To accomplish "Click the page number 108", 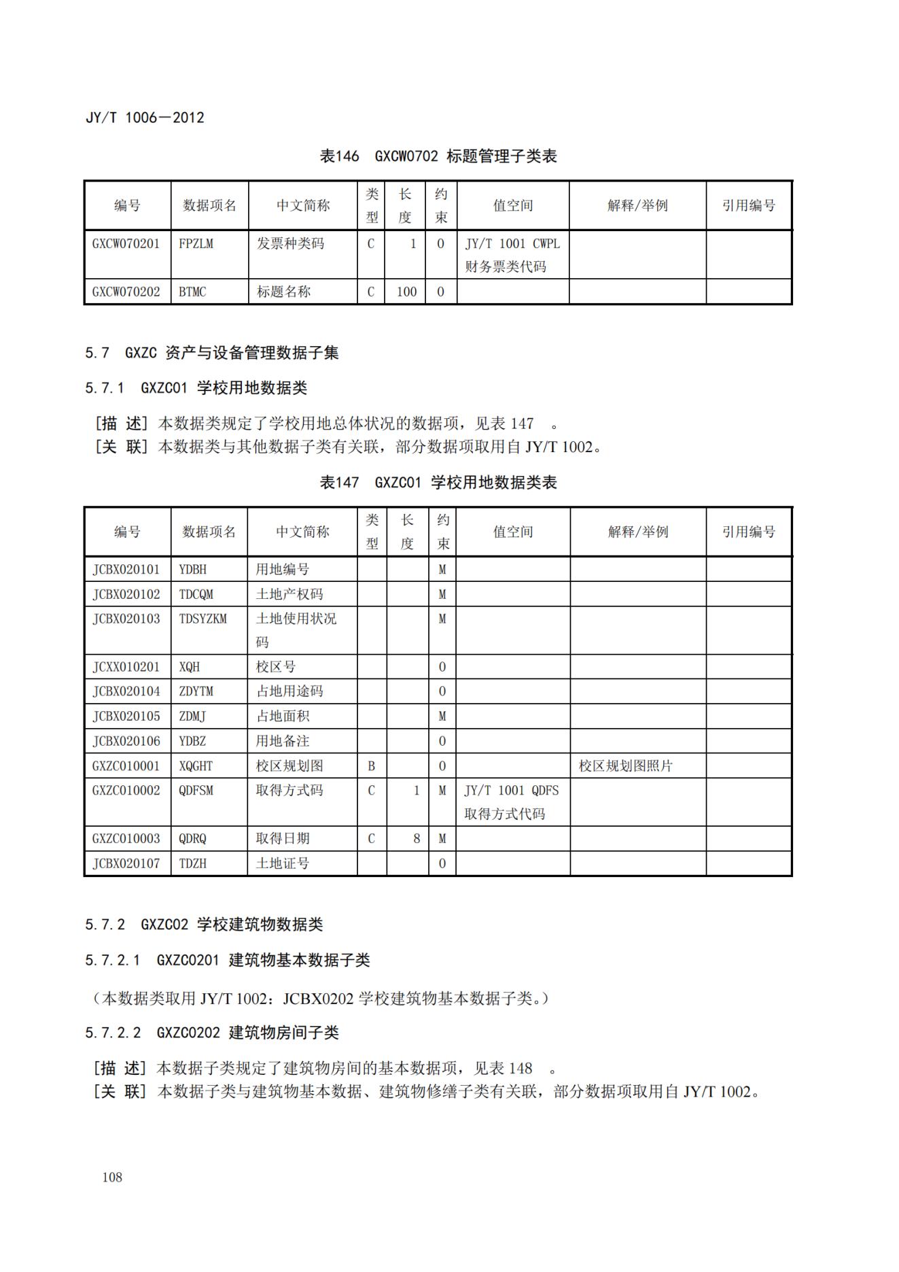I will (x=112, y=1177).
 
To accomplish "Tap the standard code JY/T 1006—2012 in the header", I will (x=145, y=118).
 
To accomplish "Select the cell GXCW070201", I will (x=126, y=243).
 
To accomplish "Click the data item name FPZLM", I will (x=196, y=243).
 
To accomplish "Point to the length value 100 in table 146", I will (x=406, y=292).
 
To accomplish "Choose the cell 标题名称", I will (x=283, y=292).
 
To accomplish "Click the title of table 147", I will (x=438, y=483).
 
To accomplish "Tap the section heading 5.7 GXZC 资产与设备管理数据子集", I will (x=211, y=352).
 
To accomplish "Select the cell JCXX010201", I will (x=126, y=667).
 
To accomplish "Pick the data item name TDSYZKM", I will (x=202, y=619).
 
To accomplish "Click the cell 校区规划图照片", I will (x=625, y=766).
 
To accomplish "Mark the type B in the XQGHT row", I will (x=371, y=766).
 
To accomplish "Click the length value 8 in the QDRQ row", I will (x=417, y=839).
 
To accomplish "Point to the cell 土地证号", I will (x=282, y=863).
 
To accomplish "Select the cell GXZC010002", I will (x=126, y=791).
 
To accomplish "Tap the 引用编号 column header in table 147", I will (x=748, y=532).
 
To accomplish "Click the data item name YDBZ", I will (x=192, y=741).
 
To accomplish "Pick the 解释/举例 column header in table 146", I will (x=637, y=205).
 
